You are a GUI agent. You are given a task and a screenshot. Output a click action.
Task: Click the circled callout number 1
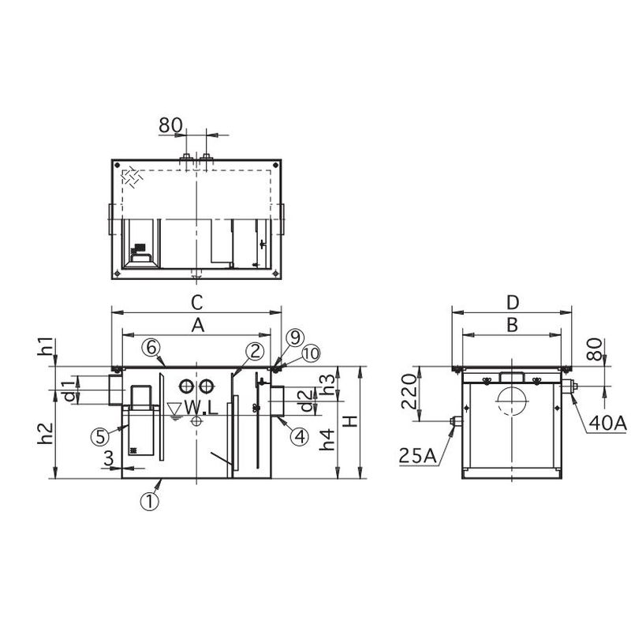(149, 502)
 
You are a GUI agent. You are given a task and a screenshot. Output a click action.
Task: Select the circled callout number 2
(255, 351)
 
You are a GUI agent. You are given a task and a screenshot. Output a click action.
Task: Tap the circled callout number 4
(300, 437)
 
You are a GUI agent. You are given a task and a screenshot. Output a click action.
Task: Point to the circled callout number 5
(100, 437)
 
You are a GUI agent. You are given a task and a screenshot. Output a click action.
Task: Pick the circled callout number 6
(151, 348)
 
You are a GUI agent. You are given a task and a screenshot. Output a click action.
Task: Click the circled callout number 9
(296, 338)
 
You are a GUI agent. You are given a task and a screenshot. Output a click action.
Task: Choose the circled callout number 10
(311, 353)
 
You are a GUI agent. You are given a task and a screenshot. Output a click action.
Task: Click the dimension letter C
(196, 303)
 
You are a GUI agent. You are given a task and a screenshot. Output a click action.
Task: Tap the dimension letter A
(198, 326)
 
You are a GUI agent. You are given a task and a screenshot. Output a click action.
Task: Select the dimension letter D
(513, 303)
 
